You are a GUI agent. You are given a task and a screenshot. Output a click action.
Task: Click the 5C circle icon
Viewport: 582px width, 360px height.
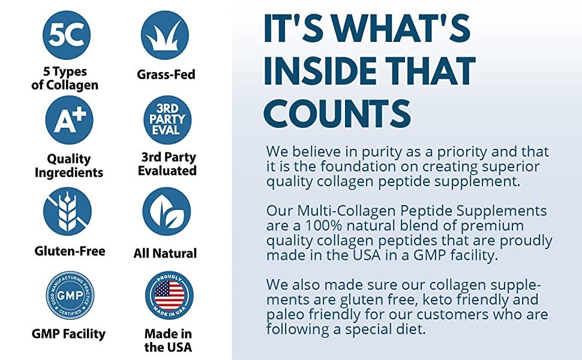point(67,35)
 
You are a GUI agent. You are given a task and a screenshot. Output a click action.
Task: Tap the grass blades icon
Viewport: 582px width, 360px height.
point(165,35)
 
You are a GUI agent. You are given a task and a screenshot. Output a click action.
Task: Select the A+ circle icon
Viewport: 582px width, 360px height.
point(69,120)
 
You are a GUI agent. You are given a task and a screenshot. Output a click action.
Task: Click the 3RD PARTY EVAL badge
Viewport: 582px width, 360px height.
point(167,120)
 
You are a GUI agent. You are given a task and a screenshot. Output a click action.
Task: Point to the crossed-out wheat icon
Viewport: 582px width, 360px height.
point(67,211)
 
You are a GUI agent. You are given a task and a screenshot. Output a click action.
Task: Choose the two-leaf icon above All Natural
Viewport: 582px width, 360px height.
point(167,211)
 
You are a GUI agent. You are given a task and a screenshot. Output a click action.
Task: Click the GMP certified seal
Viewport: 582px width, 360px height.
point(70,295)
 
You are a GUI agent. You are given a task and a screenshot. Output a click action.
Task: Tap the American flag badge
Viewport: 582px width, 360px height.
point(169,295)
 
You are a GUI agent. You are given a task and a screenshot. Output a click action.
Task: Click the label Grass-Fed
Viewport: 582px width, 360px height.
point(166,74)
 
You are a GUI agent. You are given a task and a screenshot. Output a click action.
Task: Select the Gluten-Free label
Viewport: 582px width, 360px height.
point(70,251)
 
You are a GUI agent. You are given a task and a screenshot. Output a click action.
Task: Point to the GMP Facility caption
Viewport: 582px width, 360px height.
point(68,334)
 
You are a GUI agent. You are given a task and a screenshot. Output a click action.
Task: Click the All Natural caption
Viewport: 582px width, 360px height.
point(165,253)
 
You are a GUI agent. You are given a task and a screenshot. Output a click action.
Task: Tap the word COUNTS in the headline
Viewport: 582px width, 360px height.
point(338,112)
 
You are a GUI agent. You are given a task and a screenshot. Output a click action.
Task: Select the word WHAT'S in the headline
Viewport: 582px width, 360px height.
point(401,28)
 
